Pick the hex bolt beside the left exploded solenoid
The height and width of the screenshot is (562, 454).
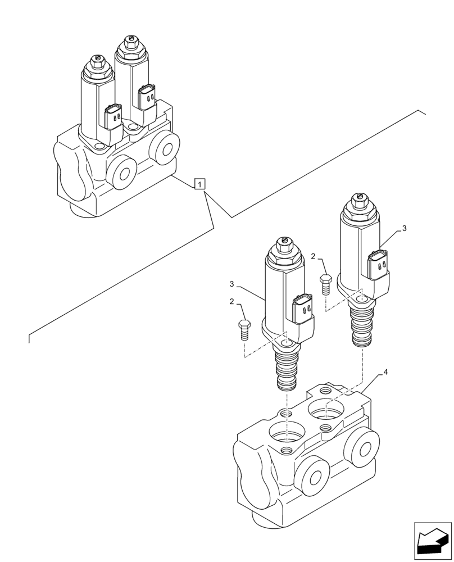[x=243, y=328]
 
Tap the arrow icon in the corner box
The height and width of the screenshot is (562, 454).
[x=433, y=541]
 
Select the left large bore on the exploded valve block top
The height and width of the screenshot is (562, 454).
[x=287, y=434]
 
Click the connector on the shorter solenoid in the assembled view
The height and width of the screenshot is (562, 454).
[x=114, y=116]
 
